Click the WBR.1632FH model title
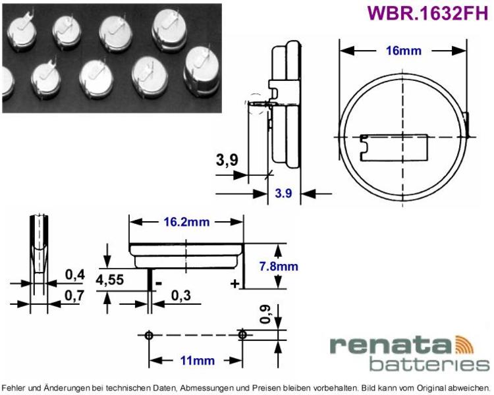[427, 13]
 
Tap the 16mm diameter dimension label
[404, 51]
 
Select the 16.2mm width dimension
[186, 222]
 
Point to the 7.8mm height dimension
[279, 266]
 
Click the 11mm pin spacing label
[197, 360]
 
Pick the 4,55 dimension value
[109, 280]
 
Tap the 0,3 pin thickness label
[181, 296]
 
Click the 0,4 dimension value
[75, 275]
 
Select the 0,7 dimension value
[74, 296]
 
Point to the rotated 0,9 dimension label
[265, 315]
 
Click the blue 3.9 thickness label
[283, 193]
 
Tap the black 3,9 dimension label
[227, 160]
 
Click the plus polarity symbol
[234, 284]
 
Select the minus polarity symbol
[159, 284]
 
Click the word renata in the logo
[391, 346]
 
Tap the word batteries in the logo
[429, 365]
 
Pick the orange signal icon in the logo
[464, 344]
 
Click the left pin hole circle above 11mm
[149, 336]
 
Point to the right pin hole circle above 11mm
[242, 334]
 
